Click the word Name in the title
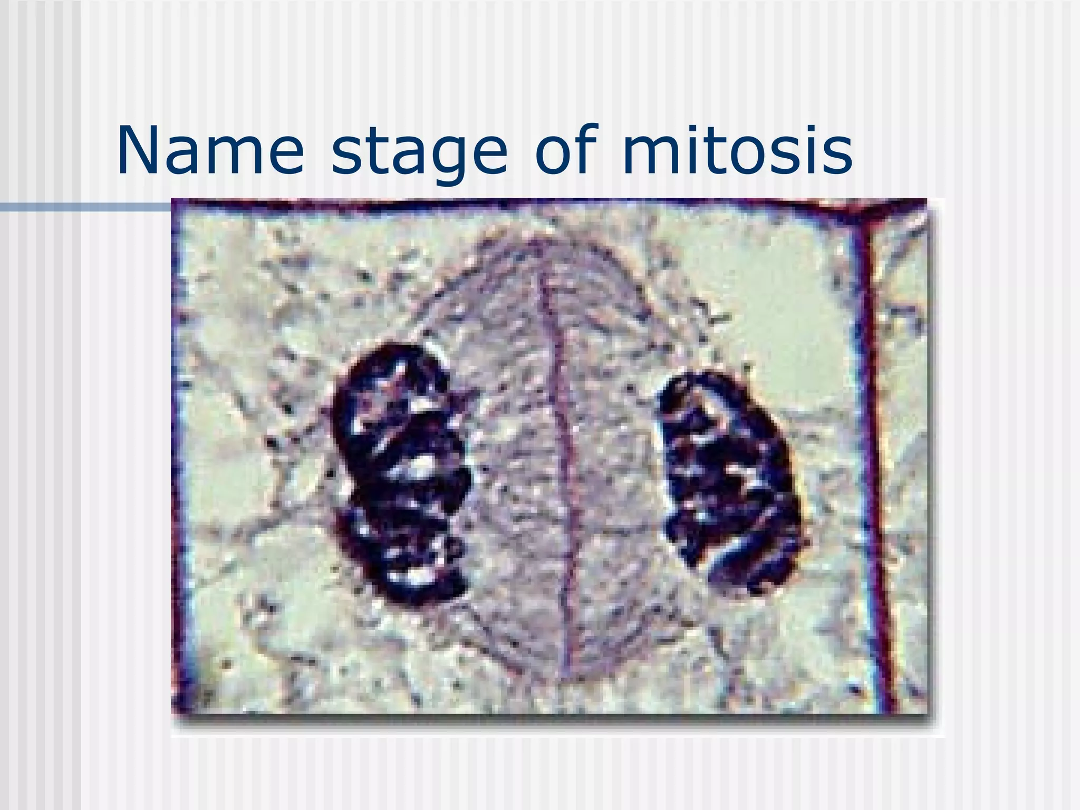coord(210,152)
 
